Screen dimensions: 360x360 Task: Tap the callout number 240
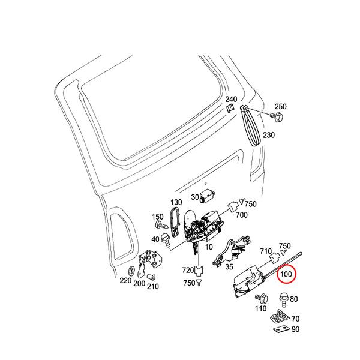(x=231, y=99)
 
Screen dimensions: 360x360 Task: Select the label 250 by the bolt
(x=280, y=106)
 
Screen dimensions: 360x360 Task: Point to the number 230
(x=269, y=135)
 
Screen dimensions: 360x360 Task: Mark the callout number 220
(x=125, y=281)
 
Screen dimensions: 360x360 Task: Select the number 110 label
(x=260, y=308)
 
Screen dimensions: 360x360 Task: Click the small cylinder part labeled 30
(x=209, y=195)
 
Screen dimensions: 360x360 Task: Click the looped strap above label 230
(x=251, y=125)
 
